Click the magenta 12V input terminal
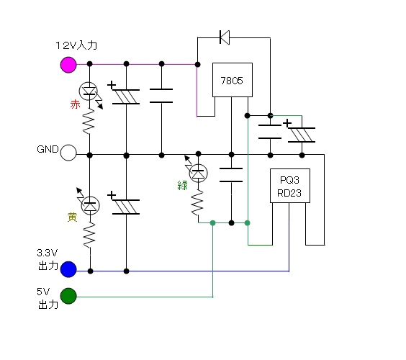click(x=68, y=65)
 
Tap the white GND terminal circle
click(x=68, y=153)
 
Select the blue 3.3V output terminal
click(x=68, y=269)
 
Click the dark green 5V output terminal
click(x=68, y=296)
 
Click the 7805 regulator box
click(x=233, y=80)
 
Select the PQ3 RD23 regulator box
click(x=289, y=186)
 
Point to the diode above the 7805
click(x=224, y=37)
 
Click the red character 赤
click(x=75, y=104)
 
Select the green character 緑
click(x=182, y=186)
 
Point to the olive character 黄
click(x=72, y=217)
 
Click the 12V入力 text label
click(x=76, y=45)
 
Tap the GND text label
click(x=48, y=149)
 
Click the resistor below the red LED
click(x=89, y=121)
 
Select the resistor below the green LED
click(x=197, y=202)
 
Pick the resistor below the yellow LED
click(x=89, y=235)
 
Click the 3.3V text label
click(x=47, y=253)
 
